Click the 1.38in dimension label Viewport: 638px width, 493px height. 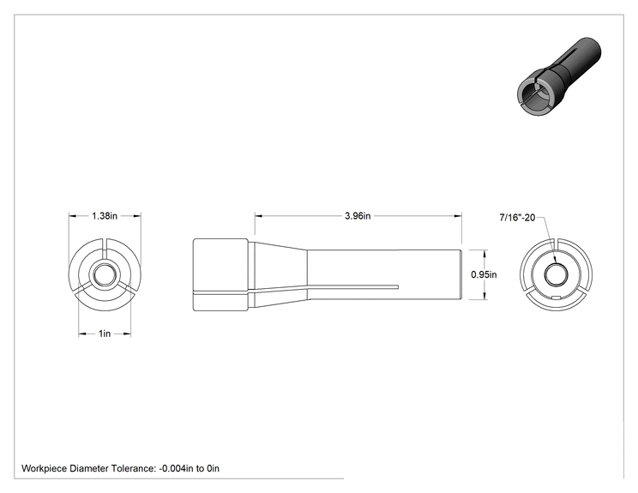[x=105, y=216]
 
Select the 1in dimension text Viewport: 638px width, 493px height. [x=105, y=334]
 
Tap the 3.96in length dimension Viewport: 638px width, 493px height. [x=358, y=216]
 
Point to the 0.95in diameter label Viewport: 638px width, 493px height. [x=484, y=274]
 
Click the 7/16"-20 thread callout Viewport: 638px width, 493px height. [x=517, y=218]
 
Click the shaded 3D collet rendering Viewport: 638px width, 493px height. [x=559, y=76]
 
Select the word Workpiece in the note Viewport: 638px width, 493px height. [x=44, y=469]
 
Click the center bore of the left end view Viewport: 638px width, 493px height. [x=105, y=275]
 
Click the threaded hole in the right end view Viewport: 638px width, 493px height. [x=556, y=275]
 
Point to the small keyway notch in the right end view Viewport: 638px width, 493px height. [x=556, y=298]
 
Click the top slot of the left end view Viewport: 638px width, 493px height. [x=105, y=247]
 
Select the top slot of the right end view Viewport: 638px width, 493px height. [x=556, y=247]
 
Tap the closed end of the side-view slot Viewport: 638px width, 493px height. [x=398, y=287]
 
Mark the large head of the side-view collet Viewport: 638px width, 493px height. [x=220, y=275]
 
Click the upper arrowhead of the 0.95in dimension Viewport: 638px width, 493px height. [x=485, y=254]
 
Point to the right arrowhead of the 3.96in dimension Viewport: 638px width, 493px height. [x=458, y=216]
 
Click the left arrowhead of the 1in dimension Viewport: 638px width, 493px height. [x=82, y=334]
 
